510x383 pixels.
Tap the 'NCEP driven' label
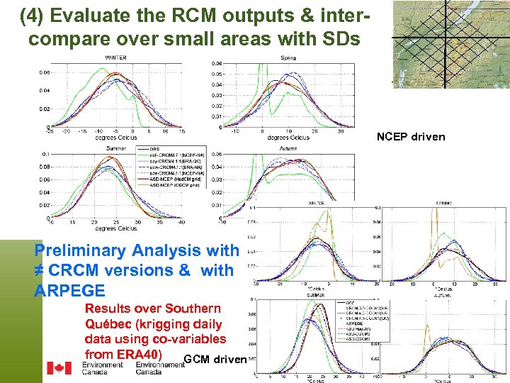pyautogui.click(x=411, y=136)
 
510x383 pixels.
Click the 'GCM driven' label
pyautogui.click(x=214, y=359)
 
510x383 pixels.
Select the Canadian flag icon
pyautogui.click(x=59, y=368)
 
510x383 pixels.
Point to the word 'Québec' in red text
pyautogui.click(x=108, y=324)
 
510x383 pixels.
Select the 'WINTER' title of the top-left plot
pyautogui.click(x=116, y=57)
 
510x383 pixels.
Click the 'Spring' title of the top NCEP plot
pyautogui.click(x=288, y=57)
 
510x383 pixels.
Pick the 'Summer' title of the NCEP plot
pyautogui.click(x=116, y=148)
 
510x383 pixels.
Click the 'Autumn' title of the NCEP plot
pyautogui.click(x=288, y=148)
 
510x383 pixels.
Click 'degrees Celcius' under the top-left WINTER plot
pyautogui.click(x=116, y=138)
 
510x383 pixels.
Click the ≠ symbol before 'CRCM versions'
pyautogui.click(x=40, y=271)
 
